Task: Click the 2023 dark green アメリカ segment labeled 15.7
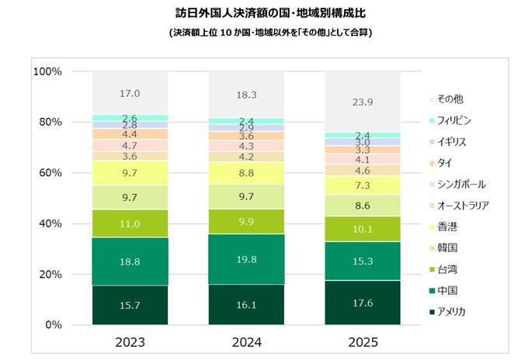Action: pyautogui.click(x=130, y=306)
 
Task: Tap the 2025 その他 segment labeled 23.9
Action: pyautogui.click(x=362, y=102)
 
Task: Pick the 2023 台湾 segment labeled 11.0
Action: pyautogui.click(x=130, y=223)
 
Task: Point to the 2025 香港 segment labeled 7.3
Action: pyautogui.click(x=362, y=186)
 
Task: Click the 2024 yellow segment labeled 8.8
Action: pyautogui.click(x=246, y=174)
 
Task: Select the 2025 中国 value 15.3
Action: pyautogui.click(x=362, y=261)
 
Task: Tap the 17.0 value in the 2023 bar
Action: pyautogui.click(x=130, y=94)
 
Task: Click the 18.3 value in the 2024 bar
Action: pyautogui.click(x=246, y=95)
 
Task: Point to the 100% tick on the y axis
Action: pyautogui.click(x=47, y=71)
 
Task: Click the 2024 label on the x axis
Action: pyautogui.click(x=246, y=341)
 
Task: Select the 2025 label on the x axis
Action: pyautogui.click(x=362, y=341)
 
